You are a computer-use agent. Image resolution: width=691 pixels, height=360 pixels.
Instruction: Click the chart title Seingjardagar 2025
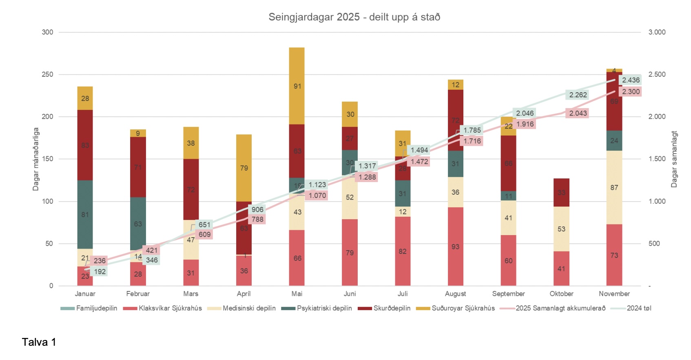tap(354, 17)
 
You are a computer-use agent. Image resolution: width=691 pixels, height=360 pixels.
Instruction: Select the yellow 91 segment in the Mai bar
tap(297, 86)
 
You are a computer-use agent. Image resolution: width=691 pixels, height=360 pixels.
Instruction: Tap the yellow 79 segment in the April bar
tap(244, 168)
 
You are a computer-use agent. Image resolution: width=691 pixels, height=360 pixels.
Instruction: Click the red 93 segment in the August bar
tap(455, 247)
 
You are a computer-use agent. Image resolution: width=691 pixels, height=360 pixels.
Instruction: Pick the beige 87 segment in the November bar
tap(614, 187)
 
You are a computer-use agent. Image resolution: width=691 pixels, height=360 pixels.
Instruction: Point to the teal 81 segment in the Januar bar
tap(85, 214)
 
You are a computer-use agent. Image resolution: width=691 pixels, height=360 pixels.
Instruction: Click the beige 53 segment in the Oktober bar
tap(561, 229)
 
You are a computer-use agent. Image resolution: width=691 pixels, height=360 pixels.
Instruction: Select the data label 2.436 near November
tap(631, 80)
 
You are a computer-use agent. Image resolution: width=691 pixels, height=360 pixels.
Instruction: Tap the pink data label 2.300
tap(631, 92)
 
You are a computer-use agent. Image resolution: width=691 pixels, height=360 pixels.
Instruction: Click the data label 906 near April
tap(257, 209)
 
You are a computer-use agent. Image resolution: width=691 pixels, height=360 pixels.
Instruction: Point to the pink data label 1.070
tap(317, 196)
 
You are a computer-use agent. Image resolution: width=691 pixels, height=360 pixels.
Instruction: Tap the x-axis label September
tap(508, 293)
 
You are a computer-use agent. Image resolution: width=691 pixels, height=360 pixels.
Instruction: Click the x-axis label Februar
tap(138, 293)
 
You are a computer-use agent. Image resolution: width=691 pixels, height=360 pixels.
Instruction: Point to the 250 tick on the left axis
tap(48, 74)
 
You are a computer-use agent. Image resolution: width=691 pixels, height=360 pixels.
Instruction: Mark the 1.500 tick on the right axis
tap(657, 159)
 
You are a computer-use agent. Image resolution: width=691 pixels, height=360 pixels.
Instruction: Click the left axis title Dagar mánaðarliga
tap(36, 159)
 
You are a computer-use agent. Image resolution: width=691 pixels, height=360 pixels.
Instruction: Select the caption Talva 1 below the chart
tap(39, 342)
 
